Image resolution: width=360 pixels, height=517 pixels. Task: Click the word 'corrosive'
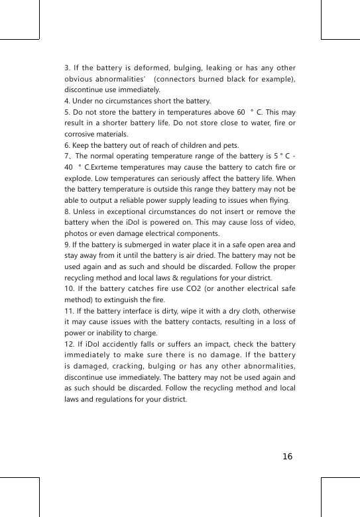coord(82,135)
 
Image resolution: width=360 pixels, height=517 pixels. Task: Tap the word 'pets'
coord(231,146)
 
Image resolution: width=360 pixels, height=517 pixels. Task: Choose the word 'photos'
coord(76,235)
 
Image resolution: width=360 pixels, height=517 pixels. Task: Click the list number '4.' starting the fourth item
coord(68,101)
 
